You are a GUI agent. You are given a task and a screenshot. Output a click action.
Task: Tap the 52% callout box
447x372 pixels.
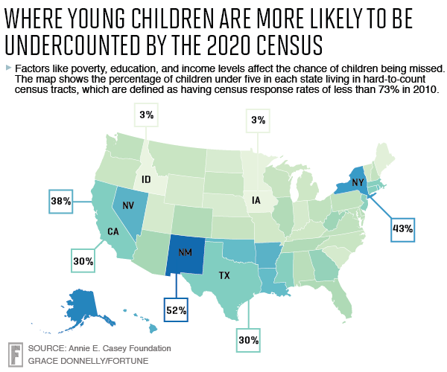click(x=177, y=307)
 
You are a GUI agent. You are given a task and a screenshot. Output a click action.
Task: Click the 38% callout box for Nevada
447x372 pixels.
click(x=61, y=201)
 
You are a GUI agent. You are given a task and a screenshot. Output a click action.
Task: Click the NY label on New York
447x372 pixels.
click(x=357, y=182)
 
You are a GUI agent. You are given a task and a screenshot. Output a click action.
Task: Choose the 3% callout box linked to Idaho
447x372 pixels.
click(x=145, y=116)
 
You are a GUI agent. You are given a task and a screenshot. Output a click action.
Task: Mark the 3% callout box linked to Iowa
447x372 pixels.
click(x=259, y=121)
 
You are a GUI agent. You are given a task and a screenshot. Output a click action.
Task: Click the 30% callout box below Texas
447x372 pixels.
click(x=249, y=341)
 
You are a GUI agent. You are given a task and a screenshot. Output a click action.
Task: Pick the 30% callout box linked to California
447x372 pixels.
click(x=83, y=261)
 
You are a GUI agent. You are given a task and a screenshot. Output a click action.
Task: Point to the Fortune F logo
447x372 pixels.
click(x=14, y=353)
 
